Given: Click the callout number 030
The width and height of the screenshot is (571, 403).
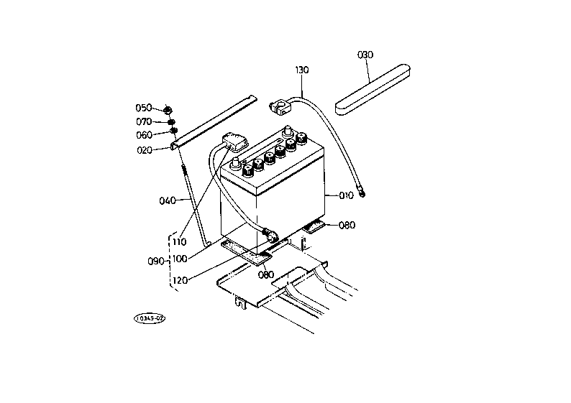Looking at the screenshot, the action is click(x=365, y=55).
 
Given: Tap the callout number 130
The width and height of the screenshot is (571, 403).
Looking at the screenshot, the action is click(x=302, y=70).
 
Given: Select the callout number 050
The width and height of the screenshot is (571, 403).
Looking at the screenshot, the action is click(x=144, y=108).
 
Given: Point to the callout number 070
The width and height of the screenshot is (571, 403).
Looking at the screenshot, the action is click(x=144, y=121).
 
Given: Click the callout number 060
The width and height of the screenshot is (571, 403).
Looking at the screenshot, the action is click(x=145, y=135).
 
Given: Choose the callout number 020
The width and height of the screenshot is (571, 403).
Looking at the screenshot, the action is click(x=145, y=150).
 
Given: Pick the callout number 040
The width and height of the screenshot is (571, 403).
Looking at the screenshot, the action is click(x=168, y=200).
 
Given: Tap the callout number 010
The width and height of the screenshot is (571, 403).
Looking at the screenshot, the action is click(x=347, y=195).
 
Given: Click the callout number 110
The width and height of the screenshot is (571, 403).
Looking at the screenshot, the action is click(x=179, y=242).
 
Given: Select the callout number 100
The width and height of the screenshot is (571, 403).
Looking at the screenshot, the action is click(x=180, y=259).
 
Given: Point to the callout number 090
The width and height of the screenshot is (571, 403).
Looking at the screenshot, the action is click(x=155, y=261).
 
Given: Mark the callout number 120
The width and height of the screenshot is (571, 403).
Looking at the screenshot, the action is click(x=181, y=280).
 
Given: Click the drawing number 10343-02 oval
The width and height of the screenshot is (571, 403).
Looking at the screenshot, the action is click(x=150, y=319).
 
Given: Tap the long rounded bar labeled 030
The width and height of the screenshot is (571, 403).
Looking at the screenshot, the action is click(x=373, y=91).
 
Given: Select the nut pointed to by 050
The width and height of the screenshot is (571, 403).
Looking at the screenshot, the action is click(x=168, y=109).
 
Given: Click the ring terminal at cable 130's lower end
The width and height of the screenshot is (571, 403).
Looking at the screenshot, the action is click(x=362, y=193).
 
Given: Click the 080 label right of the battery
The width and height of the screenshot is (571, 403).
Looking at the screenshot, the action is click(x=347, y=226).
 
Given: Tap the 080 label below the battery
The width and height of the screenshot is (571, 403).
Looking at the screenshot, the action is click(x=266, y=275).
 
